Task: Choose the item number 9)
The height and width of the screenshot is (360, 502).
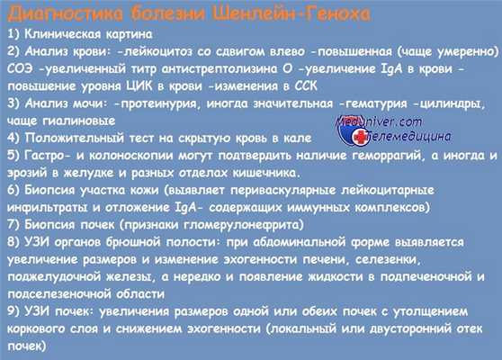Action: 13,310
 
